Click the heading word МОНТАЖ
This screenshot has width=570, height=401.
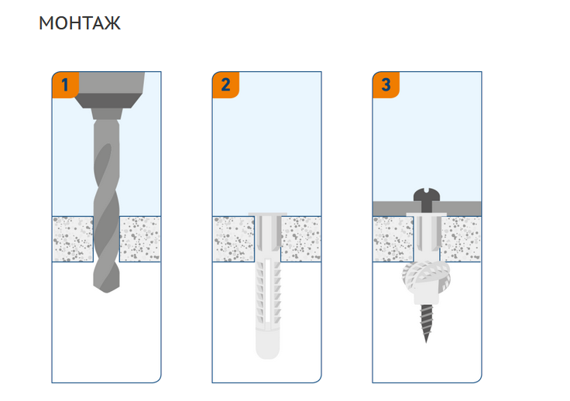tap(80, 23)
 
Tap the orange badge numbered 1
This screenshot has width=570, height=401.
tap(65, 85)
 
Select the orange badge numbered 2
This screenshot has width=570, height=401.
tap(225, 85)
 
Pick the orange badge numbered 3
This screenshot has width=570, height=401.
tap(386, 85)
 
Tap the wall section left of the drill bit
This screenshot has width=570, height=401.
tap(73, 239)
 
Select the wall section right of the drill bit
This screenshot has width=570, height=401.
tap(140, 239)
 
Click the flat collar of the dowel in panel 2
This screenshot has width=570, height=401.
tap(267, 214)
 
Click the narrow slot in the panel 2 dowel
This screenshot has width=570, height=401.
tap(267, 290)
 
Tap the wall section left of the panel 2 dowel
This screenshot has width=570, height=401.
tap(233, 239)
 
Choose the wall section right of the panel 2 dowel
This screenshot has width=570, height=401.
tap(301, 239)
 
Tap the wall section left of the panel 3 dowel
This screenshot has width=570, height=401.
tap(393, 239)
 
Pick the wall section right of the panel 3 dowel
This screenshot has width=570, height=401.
tap(461, 239)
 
